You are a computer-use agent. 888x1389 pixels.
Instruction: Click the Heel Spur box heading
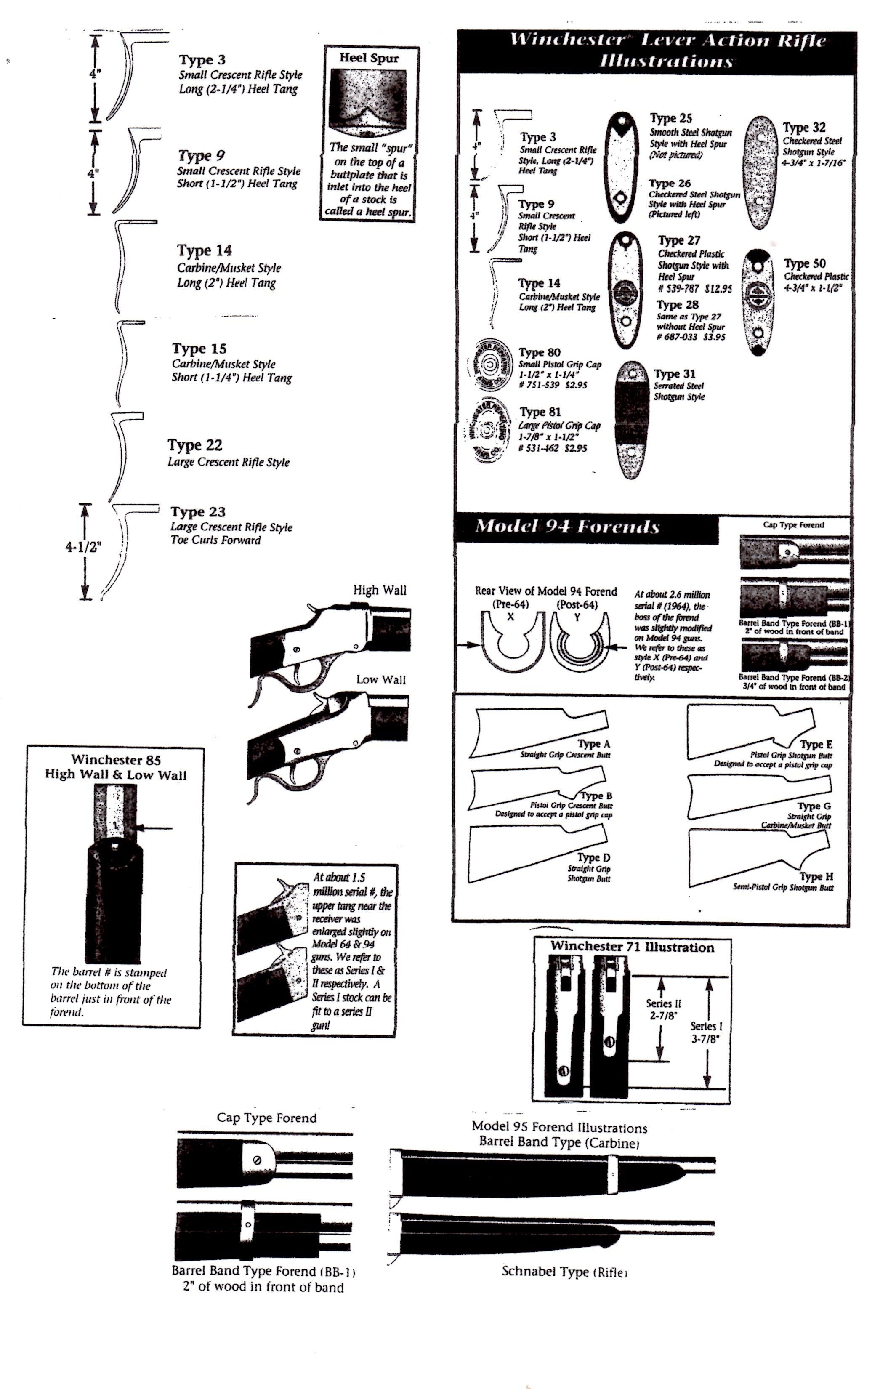(369, 58)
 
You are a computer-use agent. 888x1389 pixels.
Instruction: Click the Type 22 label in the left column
(195, 445)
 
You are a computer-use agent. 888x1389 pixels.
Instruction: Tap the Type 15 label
(199, 349)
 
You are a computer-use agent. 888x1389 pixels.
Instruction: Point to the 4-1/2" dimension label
(83, 547)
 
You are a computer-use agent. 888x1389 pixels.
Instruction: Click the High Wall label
(380, 590)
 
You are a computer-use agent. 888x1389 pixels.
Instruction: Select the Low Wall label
(380, 679)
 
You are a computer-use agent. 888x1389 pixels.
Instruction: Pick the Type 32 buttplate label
(804, 128)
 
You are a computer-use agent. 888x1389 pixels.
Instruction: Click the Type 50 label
(804, 263)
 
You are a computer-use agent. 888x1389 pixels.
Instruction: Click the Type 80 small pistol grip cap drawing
(491, 366)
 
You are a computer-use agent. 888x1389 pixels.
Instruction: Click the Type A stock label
(593, 744)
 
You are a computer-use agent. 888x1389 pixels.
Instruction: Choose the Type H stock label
(816, 877)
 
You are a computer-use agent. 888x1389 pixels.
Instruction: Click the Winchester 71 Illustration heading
(632, 947)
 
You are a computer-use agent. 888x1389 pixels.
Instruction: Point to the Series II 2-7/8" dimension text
(663, 1009)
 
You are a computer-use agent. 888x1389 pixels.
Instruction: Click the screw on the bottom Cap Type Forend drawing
(257, 1160)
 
